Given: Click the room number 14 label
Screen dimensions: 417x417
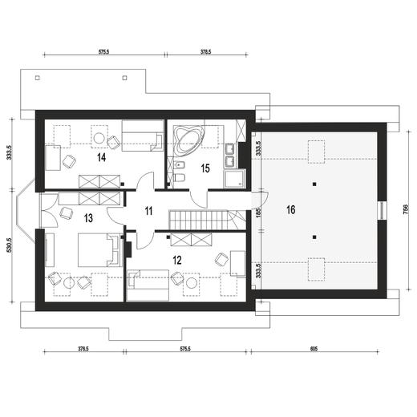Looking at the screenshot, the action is pyautogui.click(x=102, y=157).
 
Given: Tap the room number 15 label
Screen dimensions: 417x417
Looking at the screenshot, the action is pyautogui.click(x=205, y=168).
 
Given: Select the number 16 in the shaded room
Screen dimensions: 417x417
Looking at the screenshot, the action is pyautogui.click(x=291, y=210).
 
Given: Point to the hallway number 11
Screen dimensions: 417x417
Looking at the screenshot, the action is pyautogui.click(x=148, y=211).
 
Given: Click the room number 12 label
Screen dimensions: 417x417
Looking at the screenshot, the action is pyautogui.click(x=177, y=260).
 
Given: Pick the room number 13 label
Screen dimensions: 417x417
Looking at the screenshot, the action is pyautogui.click(x=88, y=218).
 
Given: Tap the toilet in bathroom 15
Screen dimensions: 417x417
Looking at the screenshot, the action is pyautogui.click(x=179, y=177).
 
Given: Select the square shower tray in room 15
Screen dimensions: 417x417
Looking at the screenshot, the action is pyautogui.click(x=234, y=178).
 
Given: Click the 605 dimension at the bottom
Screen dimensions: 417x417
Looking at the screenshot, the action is pyautogui.click(x=314, y=349).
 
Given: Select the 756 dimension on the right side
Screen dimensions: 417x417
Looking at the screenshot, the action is pyautogui.click(x=406, y=209).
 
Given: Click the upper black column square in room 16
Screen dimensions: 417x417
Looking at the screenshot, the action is pyautogui.click(x=314, y=184).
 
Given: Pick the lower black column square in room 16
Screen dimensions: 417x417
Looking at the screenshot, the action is pyautogui.click(x=314, y=237).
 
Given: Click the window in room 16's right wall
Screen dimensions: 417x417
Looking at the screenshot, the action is pyautogui.click(x=383, y=210).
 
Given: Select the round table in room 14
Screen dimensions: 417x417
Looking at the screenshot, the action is pyautogui.click(x=99, y=138).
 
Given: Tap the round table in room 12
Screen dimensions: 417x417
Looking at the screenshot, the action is pyautogui.click(x=192, y=283).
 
